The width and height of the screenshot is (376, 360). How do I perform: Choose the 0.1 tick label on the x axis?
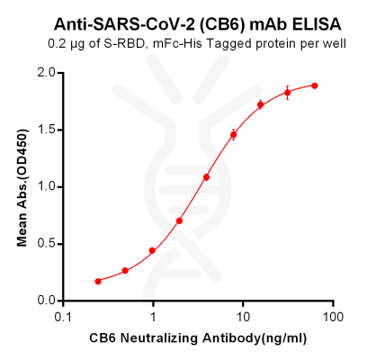pos(63,318)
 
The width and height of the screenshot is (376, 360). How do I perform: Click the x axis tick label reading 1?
pos(153,318)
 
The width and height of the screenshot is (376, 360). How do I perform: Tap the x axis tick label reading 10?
pos(243,318)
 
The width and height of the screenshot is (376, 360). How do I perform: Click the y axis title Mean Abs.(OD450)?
pos(22,186)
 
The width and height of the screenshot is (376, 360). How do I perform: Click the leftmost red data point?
pos(98,281)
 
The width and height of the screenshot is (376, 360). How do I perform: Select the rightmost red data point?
pos(315,85)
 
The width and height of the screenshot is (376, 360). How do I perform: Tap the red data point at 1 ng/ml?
pos(152,250)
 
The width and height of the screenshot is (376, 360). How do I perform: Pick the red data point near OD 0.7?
pos(180,220)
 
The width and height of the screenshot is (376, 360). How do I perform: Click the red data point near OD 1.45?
pos(234,135)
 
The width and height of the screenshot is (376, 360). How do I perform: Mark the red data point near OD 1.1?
pos(207,177)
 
